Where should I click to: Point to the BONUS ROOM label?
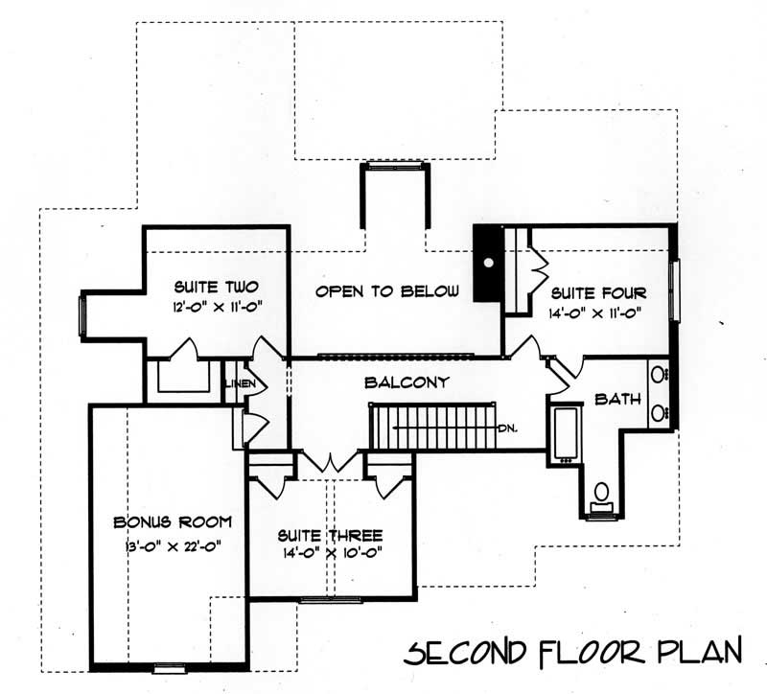click(173, 522)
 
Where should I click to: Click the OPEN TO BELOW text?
click(388, 291)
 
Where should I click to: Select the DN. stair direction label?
click(508, 428)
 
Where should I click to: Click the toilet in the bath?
click(601, 495)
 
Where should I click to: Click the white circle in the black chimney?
click(488, 261)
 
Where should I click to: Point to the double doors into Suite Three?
click(332, 461)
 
